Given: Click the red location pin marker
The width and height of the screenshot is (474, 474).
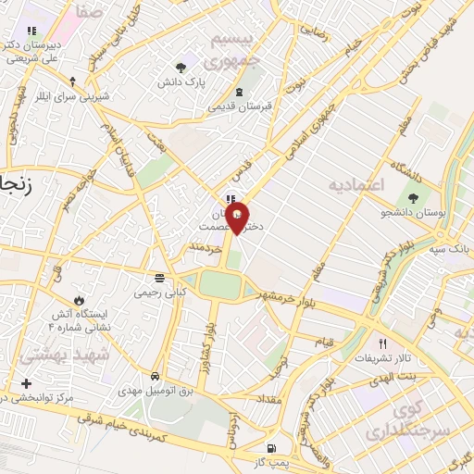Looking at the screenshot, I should [x=238, y=219].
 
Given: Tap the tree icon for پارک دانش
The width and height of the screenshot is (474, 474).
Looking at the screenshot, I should [x=181, y=68].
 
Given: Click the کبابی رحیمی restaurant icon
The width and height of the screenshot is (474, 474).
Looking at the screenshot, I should [x=161, y=278].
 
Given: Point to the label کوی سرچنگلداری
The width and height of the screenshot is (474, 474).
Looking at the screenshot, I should [x=401, y=420].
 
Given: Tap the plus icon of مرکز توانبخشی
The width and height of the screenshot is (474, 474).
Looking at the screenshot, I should [x=25, y=383].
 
